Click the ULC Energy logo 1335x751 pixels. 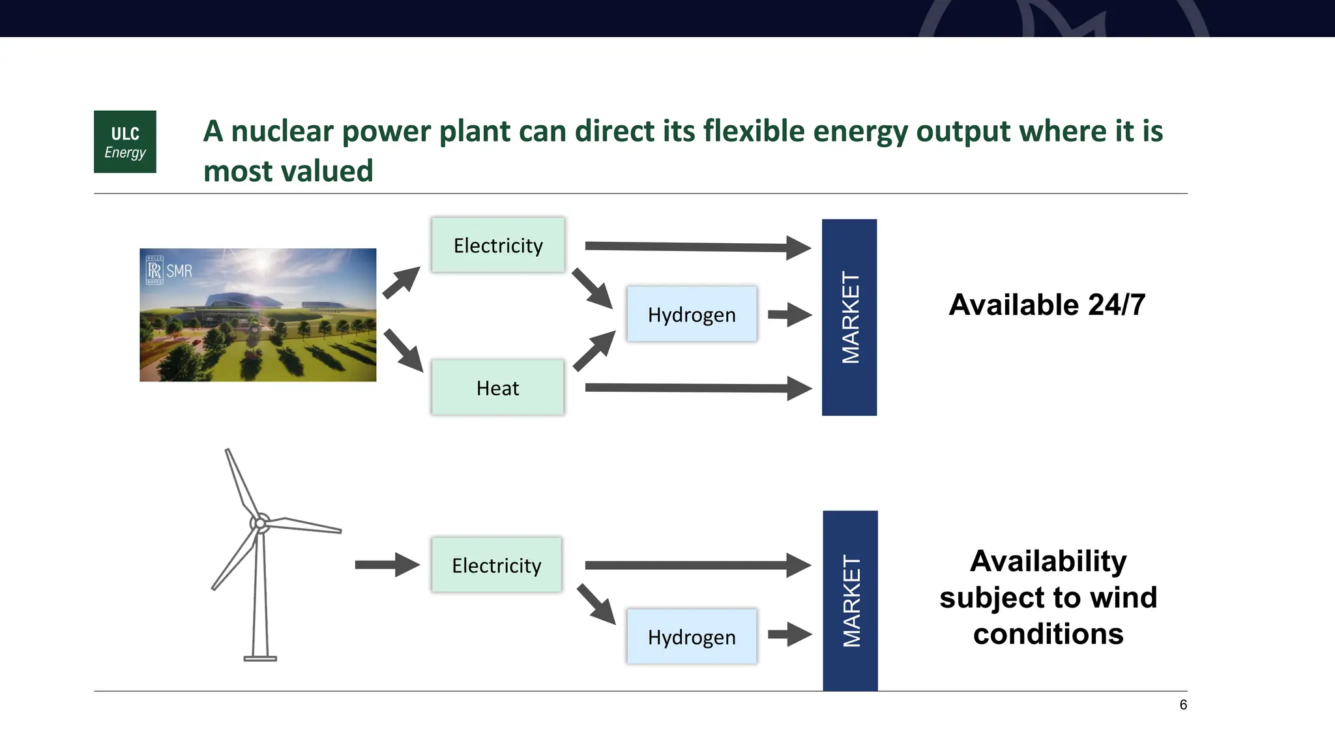pos(125,141)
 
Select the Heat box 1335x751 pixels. pos(497,388)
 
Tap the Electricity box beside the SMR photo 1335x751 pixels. pos(498,245)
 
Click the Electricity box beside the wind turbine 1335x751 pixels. pos(496,565)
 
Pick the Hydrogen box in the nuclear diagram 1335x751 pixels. pos(692,314)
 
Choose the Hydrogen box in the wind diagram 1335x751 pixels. pos(692,637)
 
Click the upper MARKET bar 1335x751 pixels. pos(849,317)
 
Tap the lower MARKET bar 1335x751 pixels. pos(850,600)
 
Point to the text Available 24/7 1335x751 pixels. pos(1047,304)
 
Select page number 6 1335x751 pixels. pos(1183,705)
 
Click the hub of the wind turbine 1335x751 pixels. pos(260,523)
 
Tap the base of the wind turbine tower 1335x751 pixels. pos(260,658)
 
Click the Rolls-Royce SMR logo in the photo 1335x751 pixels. pos(169,271)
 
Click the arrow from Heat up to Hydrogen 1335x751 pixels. pos(594,351)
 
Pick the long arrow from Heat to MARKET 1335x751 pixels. pos(697,388)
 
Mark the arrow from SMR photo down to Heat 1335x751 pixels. pos(403,351)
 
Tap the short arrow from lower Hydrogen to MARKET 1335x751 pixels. pos(789,634)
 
